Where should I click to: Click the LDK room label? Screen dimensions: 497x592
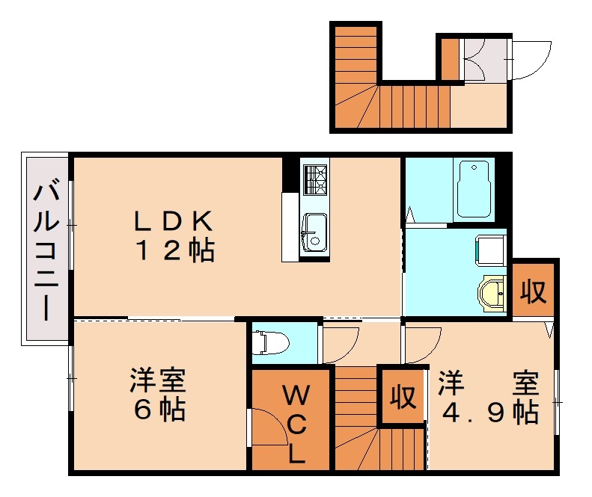174,220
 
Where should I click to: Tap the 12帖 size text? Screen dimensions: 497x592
174,250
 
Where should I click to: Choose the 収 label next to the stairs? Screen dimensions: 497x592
402,396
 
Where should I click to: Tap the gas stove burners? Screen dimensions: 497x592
315,179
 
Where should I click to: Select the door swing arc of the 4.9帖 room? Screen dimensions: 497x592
423,345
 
